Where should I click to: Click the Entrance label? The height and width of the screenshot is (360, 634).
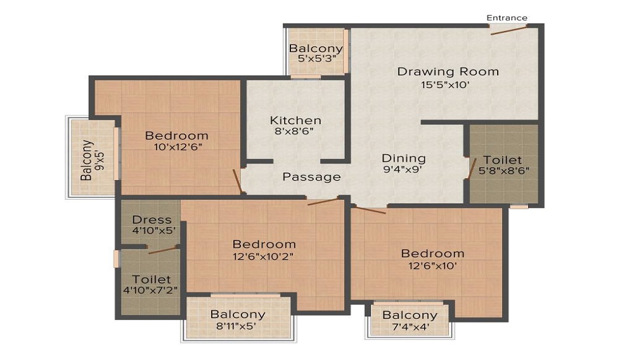pyautogui.click(x=507, y=18)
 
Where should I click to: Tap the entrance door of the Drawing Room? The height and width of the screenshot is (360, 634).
pyautogui.click(x=508, y=30)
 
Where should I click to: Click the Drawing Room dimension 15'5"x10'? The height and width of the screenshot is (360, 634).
pyautogui.click(x=445, y=85)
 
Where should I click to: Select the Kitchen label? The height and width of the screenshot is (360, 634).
pyautogui.click(x=295, y=120)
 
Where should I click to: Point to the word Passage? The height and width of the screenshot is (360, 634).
pyautogui.click(x=311, y=177)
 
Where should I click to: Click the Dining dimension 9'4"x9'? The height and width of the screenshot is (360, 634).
pyautogui.click(x=403, y=169)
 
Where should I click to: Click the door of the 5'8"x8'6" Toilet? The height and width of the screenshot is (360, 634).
pyautogui.click(x=472, y=168)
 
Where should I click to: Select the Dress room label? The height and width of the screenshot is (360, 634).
pyautogui.click(x=152, y=220)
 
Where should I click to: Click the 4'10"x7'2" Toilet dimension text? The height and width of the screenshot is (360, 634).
pyautogui.click(x=150, y=290)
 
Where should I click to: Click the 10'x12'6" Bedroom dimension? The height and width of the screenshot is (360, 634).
pyautogui.click(x=178, y=146)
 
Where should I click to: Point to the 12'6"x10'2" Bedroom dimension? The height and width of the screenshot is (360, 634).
pyautogui.click(x=263, y=256)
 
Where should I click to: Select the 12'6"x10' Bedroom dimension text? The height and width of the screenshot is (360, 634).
pyautogui.click(x=432, y=266)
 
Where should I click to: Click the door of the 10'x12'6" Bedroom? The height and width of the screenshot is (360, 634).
pyautogui.click(x=238, y=181)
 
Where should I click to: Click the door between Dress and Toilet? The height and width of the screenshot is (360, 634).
pyautogui.click(x=162, y=249)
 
